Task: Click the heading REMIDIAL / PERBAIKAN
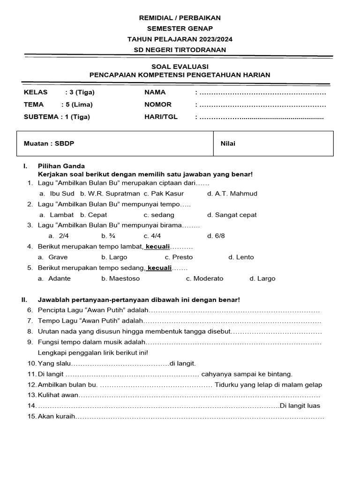click(x=180, y=18)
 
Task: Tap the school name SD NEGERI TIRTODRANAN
click(x=180, y=50)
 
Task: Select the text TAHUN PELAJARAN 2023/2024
click(x=180, y=39)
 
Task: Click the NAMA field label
click(x=155, y=92)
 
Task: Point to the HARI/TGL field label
click(x=161, y=117)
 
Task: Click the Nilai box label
click(x=228, y=144)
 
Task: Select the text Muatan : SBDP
click(x=45, y=144)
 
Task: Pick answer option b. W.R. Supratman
click(x=110, y=193)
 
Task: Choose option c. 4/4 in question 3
click(x=152, y=236)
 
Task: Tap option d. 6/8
click(x=216, y=236)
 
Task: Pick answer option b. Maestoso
click(x=120, y=278)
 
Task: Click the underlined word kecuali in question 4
click(x=157, y=247)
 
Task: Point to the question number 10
click(x=31, y=363)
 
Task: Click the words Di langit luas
click(x=300, y=405)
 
